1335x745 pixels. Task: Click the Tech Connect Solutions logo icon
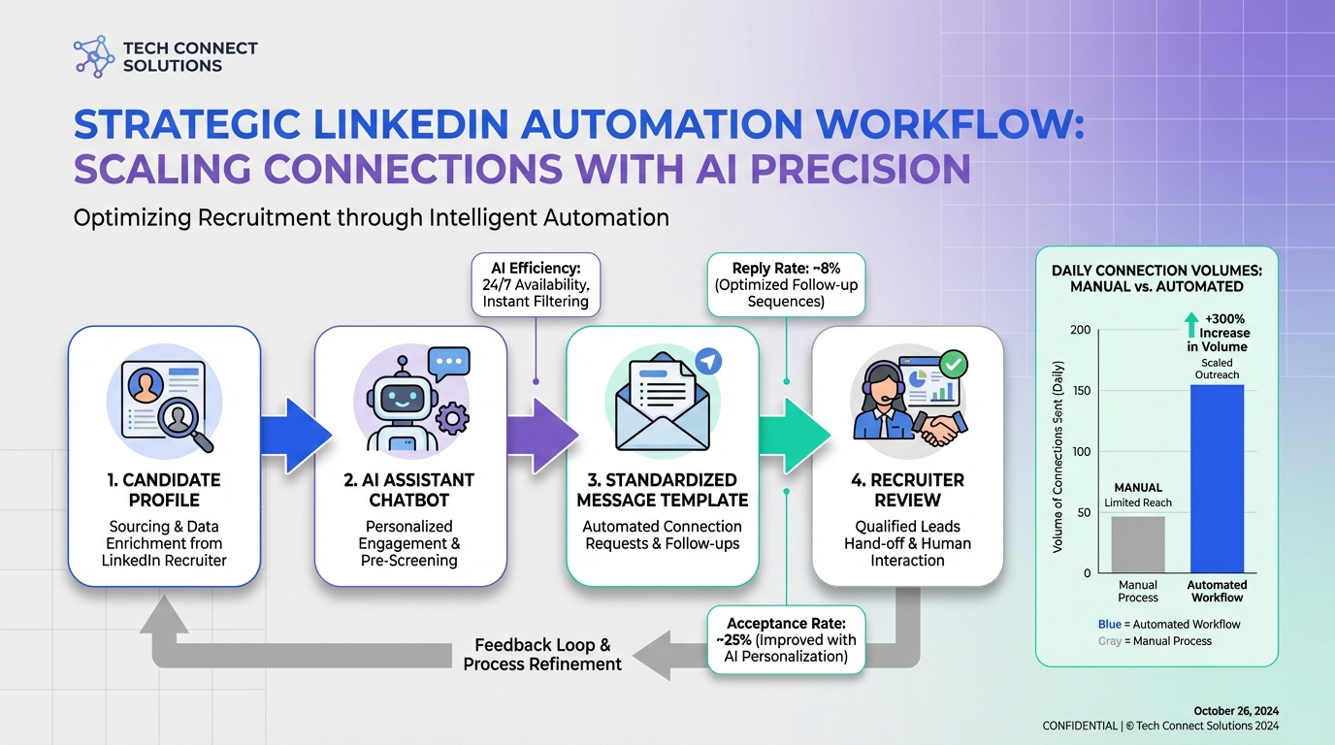tap(94, 56)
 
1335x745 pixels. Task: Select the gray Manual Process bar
tap(1138, 544)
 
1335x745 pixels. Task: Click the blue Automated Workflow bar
tap(1217, 478)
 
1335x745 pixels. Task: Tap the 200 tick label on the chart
tap(1080, 330)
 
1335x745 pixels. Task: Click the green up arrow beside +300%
tap(1191, 324)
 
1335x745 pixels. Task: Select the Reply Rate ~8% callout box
tap(786, 284)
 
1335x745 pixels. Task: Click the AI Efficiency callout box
tap(536, 284)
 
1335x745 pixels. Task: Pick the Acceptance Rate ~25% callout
tap(786, 639)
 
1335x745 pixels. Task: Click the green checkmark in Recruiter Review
tap(954, 365)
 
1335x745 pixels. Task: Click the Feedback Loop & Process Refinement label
tap(542, 654)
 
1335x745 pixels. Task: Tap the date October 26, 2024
tap(1235, 710)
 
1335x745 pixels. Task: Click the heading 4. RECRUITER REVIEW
tap(907, 490)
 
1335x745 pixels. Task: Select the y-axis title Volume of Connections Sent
tap(1058, 457)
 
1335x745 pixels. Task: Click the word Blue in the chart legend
tap(1110, 625)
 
